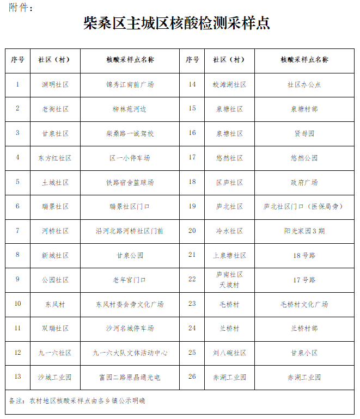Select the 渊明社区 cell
coord(55,85)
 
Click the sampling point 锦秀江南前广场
coord(130,85)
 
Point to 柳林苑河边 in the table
coord(130,109)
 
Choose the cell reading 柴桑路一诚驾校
coord(130,133)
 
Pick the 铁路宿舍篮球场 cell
coord(130,182)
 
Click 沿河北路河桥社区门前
coord(130,231)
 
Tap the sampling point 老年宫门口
coord(130,280)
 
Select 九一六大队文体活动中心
coord(130,353)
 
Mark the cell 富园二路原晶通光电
coord(130,377)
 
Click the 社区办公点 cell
coord(304,85)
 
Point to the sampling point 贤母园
coord(304,133)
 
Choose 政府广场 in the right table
coord(304,182)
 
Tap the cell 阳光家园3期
coord(304,231)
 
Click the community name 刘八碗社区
coord(229,353)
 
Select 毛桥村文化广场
coord(304,304)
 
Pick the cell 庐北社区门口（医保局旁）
coord(304,207)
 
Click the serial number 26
coord(192,377)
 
